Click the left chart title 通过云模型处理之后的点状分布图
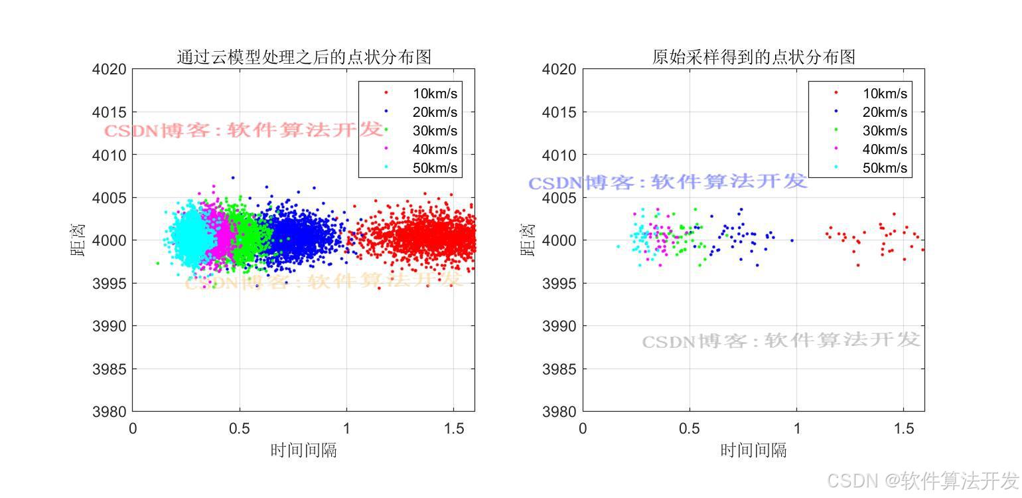tap(304, 57)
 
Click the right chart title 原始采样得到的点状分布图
tap(753, 57)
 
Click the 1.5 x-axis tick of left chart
tap(453, 428)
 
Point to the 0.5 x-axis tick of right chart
tap(690, 428)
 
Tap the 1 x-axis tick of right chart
tap(797, 428)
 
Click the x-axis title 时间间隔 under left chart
tap(303, 450)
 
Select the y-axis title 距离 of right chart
tap(528, 240)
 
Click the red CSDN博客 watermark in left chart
tap(244, 130)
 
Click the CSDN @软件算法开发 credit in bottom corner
tap(923, 479)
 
